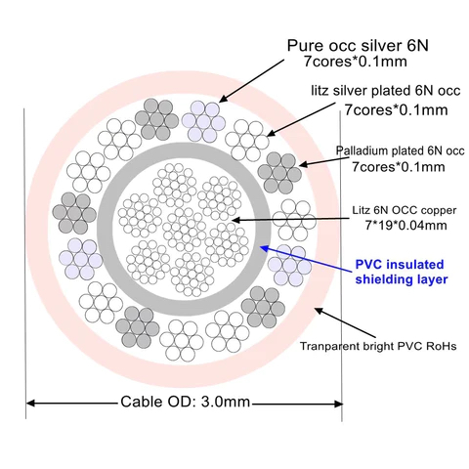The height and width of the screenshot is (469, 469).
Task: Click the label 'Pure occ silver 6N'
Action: pos(358,46)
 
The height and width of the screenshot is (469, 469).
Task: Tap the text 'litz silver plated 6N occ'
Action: pos(386,91)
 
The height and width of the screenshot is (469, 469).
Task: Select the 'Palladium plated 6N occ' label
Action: pos(400,150)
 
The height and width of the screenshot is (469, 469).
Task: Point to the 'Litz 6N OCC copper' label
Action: pos(405,210)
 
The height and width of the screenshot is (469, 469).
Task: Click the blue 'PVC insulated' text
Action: pos(400,264)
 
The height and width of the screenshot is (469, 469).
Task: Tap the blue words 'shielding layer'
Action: pos(402,279)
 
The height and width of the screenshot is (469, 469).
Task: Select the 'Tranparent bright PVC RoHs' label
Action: pos(378,346)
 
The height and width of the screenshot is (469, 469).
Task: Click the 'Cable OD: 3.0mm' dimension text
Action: pos(186,402)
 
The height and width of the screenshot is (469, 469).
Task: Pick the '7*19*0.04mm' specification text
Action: pos(405,225)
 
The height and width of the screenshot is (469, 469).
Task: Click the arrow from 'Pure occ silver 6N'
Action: pos(252,81)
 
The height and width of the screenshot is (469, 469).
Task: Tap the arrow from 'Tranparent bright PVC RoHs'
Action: pos(345,322)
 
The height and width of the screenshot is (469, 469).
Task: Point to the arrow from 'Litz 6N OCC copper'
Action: pos(290,220)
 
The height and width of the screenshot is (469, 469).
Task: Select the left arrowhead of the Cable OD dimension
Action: pos(31,404)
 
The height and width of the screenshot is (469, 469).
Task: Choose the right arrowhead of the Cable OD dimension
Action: pos(338,405)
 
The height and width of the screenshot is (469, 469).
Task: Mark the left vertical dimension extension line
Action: pos(24,263)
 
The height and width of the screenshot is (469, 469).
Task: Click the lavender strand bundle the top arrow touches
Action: pos(203,122)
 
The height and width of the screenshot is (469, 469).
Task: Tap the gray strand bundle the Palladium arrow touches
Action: pos(279,173)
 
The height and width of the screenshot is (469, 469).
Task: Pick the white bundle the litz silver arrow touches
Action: pos(247,141)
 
